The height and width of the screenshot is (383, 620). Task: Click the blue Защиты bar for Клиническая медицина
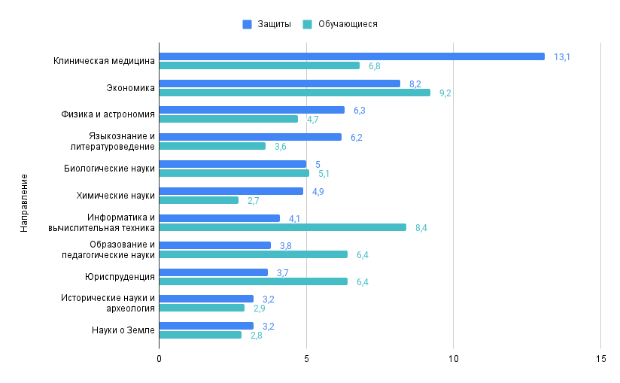(351, 56)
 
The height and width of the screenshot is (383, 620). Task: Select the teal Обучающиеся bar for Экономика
(294, 93)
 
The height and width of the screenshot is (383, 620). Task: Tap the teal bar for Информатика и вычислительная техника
(282, 227)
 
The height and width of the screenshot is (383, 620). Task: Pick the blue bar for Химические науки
(231, 191)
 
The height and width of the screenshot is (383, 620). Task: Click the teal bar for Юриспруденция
(253, 281)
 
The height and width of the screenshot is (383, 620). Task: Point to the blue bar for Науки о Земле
(206, 326)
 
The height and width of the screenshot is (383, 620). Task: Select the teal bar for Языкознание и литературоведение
(212, 146)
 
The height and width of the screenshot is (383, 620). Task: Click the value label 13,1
(561, 57)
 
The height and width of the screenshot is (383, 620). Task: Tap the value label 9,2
(445, 93)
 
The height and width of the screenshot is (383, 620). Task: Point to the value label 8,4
(421, 228)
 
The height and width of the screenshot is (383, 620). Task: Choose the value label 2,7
(254, 201)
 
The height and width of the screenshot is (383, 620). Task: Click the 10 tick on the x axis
(453, 359)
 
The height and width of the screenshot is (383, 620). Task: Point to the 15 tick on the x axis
(600, 359)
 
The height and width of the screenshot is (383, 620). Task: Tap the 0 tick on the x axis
(159, 359)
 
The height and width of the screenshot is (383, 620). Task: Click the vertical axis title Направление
(24, 202)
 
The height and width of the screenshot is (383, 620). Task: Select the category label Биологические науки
(109, 169)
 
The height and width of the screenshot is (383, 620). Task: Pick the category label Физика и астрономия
(108, 114)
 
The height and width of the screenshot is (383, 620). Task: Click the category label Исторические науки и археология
(108, 303)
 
